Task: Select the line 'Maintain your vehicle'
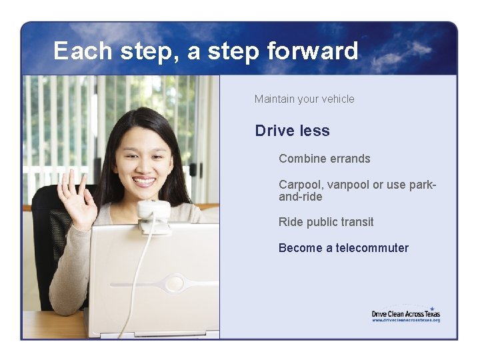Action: coord(304,99)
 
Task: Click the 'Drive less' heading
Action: coord(292,131)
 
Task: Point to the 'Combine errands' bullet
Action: coord(324,159)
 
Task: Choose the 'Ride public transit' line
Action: coord(326,222)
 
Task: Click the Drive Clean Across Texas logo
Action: coord(405,313)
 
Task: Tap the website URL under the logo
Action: coord(405,320)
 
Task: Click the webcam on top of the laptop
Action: coord(154,212)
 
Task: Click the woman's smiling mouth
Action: coord(144,181)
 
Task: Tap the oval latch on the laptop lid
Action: coord(174,283)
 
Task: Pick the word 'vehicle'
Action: coord(338,99)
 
